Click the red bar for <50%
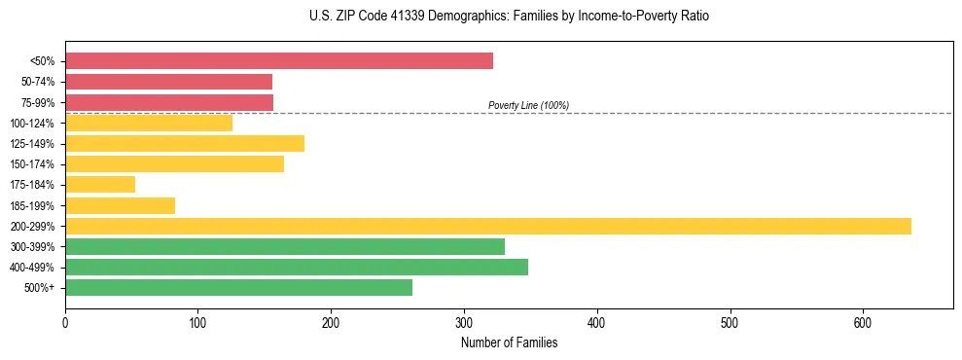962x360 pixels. point(279,61)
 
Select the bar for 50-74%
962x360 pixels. point(168,82)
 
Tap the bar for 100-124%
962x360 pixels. point(149,124)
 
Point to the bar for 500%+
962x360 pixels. point(238,288)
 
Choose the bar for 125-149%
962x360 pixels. point(185,144)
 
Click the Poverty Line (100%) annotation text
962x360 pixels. point(528,105)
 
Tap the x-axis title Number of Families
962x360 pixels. point(509,342)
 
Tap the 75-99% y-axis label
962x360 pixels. point(38,103)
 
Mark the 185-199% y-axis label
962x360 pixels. point(35,206)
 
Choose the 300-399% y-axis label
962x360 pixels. point(35,247)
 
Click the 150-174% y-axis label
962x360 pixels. point(35,164)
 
